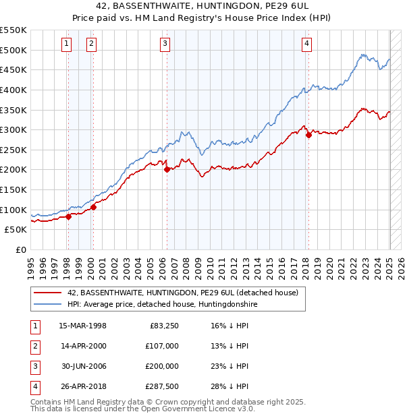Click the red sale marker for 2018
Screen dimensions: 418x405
point(308,135)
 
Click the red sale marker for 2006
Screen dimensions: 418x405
point(167,170)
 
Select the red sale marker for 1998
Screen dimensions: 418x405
point(68,216)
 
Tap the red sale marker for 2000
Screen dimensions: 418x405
point(93,207)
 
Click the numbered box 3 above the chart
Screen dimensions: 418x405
point(165,44)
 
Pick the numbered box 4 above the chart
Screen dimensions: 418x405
point(306,44)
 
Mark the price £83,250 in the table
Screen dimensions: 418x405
point(163,326)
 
